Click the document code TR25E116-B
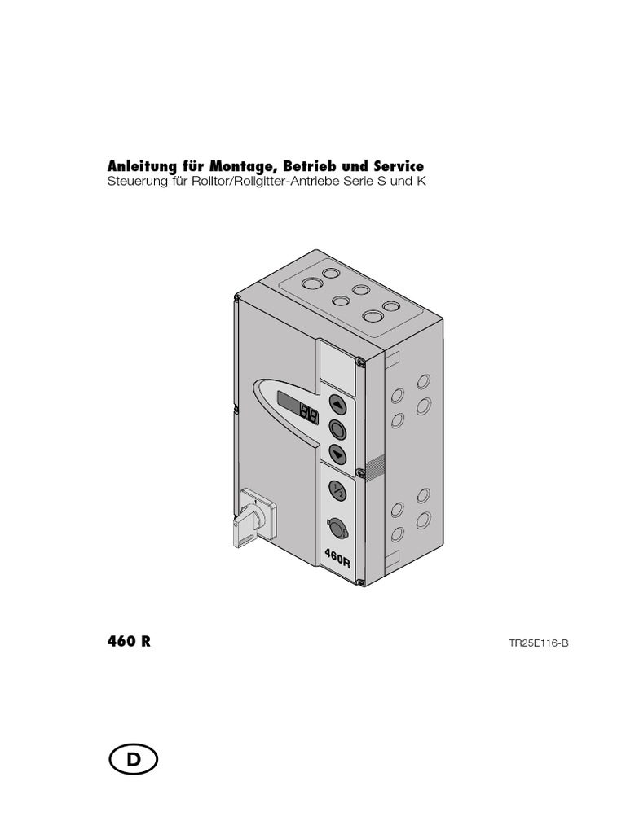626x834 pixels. coord(539,643)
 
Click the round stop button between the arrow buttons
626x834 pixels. coord(338,428)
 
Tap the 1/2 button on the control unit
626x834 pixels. coord(337,489)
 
